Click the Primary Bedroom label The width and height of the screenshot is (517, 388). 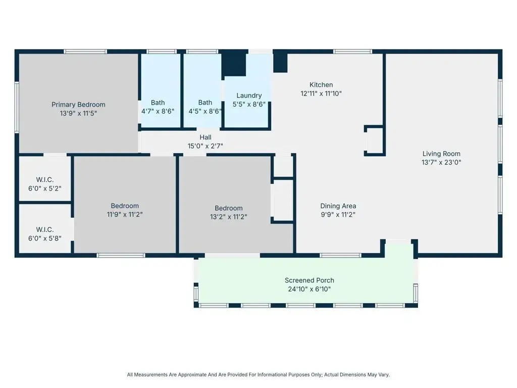point(78,105)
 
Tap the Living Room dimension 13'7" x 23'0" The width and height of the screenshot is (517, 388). point(441,163)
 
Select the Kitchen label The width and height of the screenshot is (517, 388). point(321,85)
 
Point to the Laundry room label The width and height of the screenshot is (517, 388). point(249,95)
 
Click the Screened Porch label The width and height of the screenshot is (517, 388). point(309,280)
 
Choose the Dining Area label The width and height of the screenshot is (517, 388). point(338,206)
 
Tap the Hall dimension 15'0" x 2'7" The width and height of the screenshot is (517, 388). point(205,146)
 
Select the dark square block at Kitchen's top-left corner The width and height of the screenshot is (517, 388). point(280,62)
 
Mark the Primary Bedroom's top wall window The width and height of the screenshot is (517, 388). point(85,51)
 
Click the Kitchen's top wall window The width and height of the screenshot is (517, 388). point(352,51)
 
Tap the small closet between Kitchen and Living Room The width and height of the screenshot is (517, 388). point(374,140)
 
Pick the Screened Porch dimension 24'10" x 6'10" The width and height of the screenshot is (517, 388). point(309,289)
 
